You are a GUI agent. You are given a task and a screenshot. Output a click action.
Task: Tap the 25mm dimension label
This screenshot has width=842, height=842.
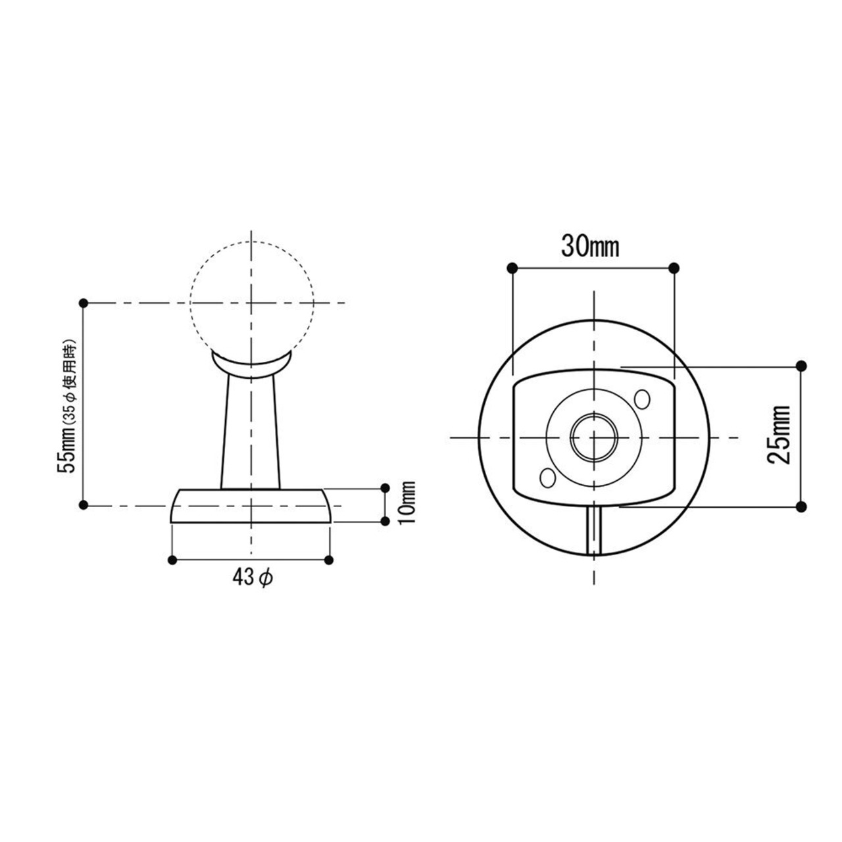(x=780, y=435)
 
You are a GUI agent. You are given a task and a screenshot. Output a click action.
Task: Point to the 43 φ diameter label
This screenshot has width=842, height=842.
(x=253, y=578)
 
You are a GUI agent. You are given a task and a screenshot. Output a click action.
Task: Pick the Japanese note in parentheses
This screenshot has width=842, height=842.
(x=71, y=384)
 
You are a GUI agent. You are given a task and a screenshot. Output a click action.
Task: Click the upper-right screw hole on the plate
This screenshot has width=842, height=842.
(x=642, y=399)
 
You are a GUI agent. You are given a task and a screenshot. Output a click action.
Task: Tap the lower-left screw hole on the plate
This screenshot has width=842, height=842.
(x=547, y=478)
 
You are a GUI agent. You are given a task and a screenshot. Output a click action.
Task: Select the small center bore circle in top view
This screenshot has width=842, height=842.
(x=594, y=437)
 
